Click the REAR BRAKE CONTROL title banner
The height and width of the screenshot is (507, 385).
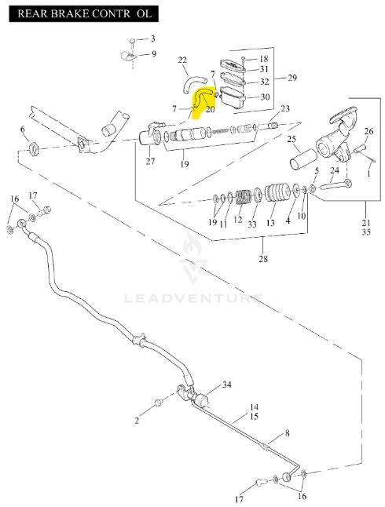[83, 14]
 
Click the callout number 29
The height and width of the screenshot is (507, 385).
[292, 78]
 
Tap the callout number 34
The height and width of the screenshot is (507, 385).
[226, 385]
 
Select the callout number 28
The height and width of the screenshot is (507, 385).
[263, 259]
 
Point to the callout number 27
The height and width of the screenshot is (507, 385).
[150, 161]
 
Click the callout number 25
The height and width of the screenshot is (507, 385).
[291, 139]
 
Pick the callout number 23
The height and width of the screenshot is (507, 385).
[285, 108]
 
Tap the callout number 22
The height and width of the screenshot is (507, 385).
[182, 60]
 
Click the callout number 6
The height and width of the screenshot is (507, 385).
[22, 129]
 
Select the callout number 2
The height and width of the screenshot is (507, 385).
[137, 421]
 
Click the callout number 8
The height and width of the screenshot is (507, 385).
[287, 433]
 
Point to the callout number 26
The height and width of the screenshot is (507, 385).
[368, 131]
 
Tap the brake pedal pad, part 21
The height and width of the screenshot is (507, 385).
[344, 115]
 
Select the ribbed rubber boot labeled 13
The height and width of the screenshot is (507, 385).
[277, 192]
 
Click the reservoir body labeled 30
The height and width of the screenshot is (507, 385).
[233, 98]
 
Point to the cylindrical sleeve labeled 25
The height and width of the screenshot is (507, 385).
[302, 159]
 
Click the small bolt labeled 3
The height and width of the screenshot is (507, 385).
[132, 41]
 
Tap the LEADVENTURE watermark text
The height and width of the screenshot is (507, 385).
[193, 298]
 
